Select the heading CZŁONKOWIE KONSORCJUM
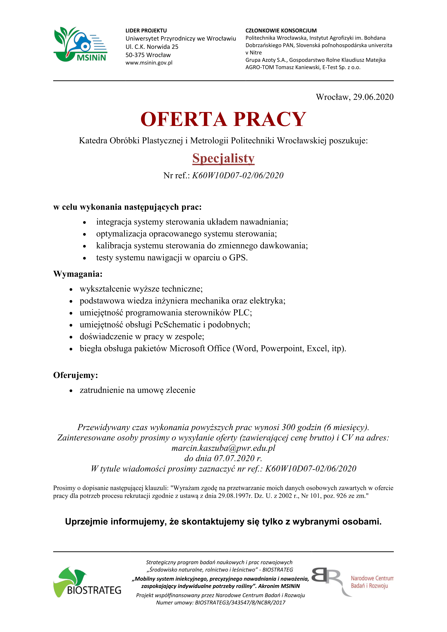(x=281, y=31)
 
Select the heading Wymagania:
(x=78, y=274)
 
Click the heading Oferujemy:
(x=76, y=375)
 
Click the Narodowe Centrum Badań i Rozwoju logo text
(x=372, y=582)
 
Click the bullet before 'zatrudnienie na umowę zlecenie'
(x=71, y=391)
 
